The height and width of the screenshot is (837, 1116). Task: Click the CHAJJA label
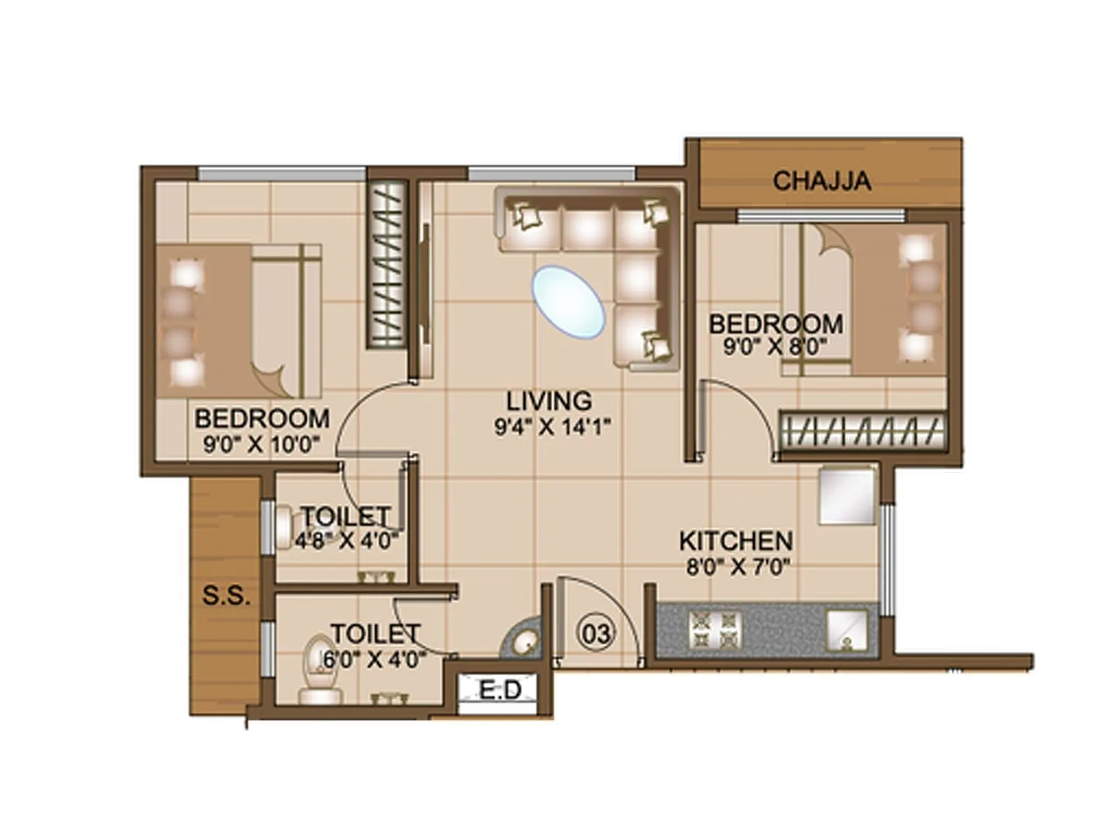[x=821, y=181]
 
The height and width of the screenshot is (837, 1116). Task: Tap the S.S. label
[x=225, y=596]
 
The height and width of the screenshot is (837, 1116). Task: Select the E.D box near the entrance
[x=500, y=691]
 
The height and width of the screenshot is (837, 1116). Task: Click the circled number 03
[x=596, y=633]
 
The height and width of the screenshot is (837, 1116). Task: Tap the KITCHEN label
[x=735, y=541]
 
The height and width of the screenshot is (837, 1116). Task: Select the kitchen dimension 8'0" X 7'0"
[x=737, y=566]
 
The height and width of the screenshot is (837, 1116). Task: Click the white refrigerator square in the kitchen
[x=847, y=496]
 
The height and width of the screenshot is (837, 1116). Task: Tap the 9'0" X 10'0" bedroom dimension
[x=261, y=444]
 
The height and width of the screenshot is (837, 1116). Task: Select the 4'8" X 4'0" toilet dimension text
[x=346, y=541]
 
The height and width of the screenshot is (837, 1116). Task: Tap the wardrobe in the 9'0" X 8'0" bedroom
[x=862, y=430]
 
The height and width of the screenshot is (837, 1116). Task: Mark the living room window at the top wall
[x=551, y=173]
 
